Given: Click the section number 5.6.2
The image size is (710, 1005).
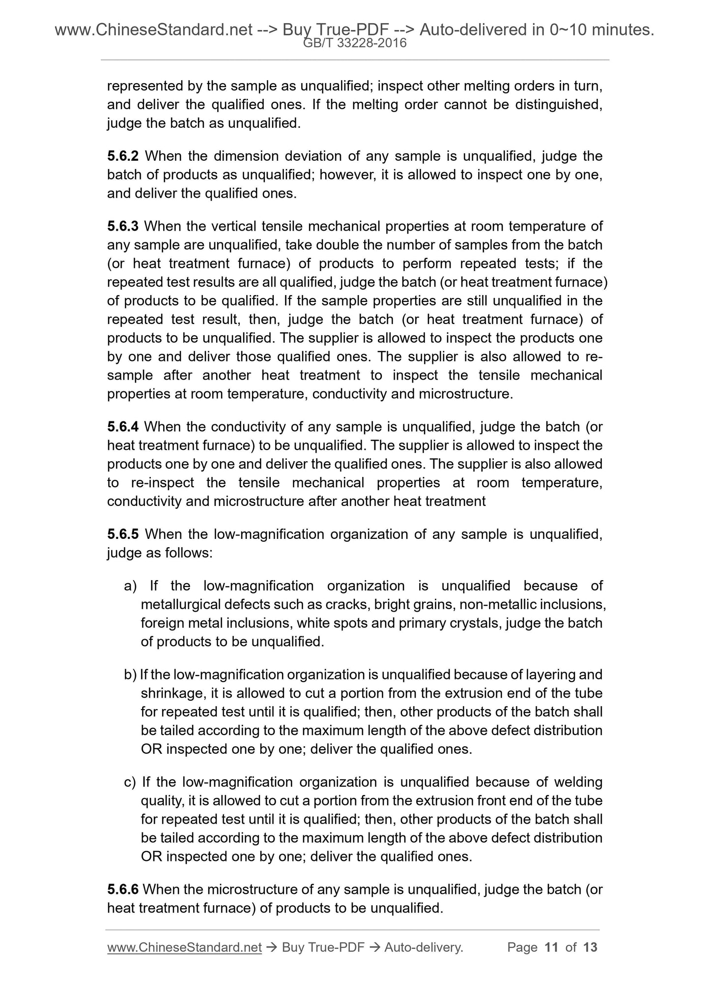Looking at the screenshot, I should click(123, 156).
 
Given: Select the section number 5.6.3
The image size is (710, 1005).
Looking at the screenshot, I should click(123, 227).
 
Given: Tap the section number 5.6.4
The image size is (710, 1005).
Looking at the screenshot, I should click(123, 427).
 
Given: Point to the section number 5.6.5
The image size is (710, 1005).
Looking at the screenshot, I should click(123, 534).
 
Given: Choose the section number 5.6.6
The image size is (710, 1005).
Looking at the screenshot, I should click(123, 889).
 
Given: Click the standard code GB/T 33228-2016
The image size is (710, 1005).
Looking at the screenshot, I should click(355, 43).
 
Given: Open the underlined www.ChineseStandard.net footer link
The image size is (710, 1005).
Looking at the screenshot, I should click(184, 947).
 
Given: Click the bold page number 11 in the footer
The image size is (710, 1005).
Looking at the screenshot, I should click(551, 947).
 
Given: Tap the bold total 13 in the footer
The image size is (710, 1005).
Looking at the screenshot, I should click(590, 947).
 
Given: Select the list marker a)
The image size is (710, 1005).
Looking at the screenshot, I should click(130, 586).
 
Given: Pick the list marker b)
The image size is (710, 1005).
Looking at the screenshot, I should click(130, 675).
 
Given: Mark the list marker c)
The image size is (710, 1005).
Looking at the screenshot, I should click(130, 782).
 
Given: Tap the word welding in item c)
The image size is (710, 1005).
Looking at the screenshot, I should click(575, 782).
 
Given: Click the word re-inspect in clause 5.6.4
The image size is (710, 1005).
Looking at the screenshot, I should click(163, 483).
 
